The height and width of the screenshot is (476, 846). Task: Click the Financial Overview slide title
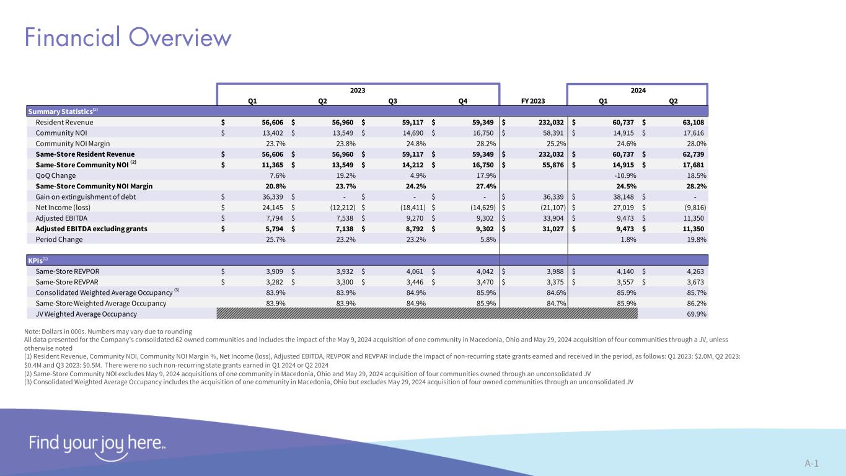pos(128,38)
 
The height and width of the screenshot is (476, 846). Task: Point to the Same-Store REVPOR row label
pos(68,271)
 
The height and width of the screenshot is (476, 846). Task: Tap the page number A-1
pos(812,463)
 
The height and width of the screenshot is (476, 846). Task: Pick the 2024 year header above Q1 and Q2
pos(638,90)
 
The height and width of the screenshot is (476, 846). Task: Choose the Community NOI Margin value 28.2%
pos(484,143)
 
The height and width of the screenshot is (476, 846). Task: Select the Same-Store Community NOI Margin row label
pos(94,186)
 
